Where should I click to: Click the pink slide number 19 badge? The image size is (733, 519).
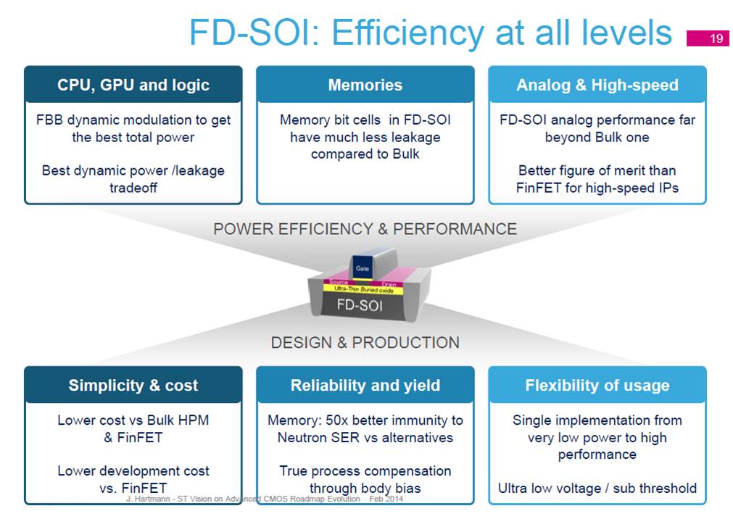click(708, 38)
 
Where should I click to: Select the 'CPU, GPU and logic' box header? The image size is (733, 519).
click(133, 85)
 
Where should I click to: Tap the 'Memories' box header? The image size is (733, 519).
click(365, 85)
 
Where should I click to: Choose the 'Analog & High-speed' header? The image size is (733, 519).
click(597, 85)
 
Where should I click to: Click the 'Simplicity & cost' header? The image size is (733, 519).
click(133, 385)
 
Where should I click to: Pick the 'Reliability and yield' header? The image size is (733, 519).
click(365, 385)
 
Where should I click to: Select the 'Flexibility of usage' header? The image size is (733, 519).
click(597, 385)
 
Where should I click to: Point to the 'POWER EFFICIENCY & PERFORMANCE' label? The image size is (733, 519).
click(365, 228)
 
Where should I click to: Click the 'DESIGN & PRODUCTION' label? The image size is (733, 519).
click(365, 342)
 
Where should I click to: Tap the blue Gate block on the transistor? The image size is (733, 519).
click(363, 267)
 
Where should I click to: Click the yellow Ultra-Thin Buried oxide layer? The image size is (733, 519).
click(363, 290)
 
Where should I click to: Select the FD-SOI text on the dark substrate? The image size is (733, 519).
click(360, 306)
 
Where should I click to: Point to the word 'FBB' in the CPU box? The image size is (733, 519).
click(49, 120)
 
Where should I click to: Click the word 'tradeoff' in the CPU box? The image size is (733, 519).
click(133, 188)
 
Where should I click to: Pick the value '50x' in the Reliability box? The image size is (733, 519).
click(337, 420)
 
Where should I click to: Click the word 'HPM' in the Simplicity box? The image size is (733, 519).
click(193, 420)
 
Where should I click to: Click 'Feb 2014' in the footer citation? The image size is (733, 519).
click(386, 499)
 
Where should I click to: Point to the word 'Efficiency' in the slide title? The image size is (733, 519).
click(407, 33)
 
